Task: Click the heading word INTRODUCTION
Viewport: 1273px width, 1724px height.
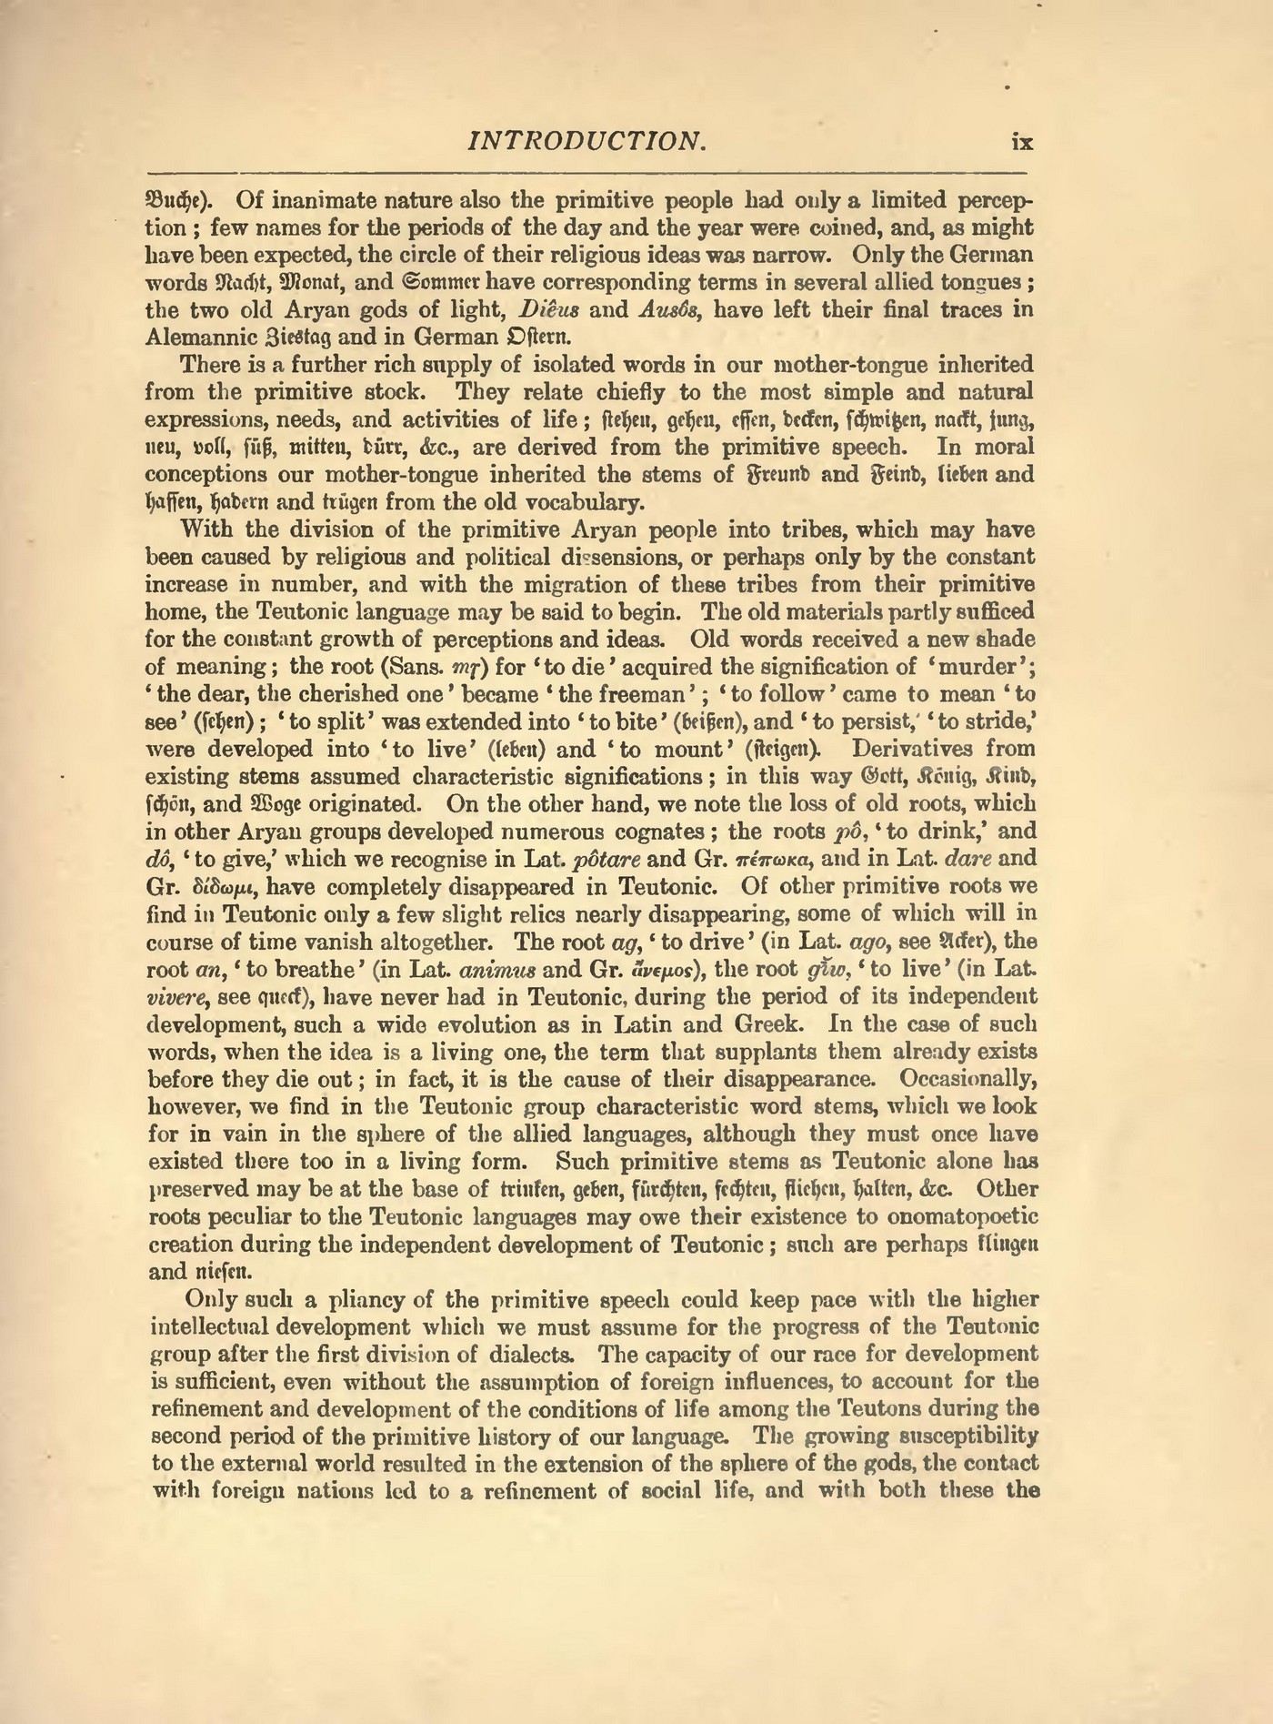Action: (586, 142)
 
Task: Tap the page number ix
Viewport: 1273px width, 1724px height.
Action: (1022, 143)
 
